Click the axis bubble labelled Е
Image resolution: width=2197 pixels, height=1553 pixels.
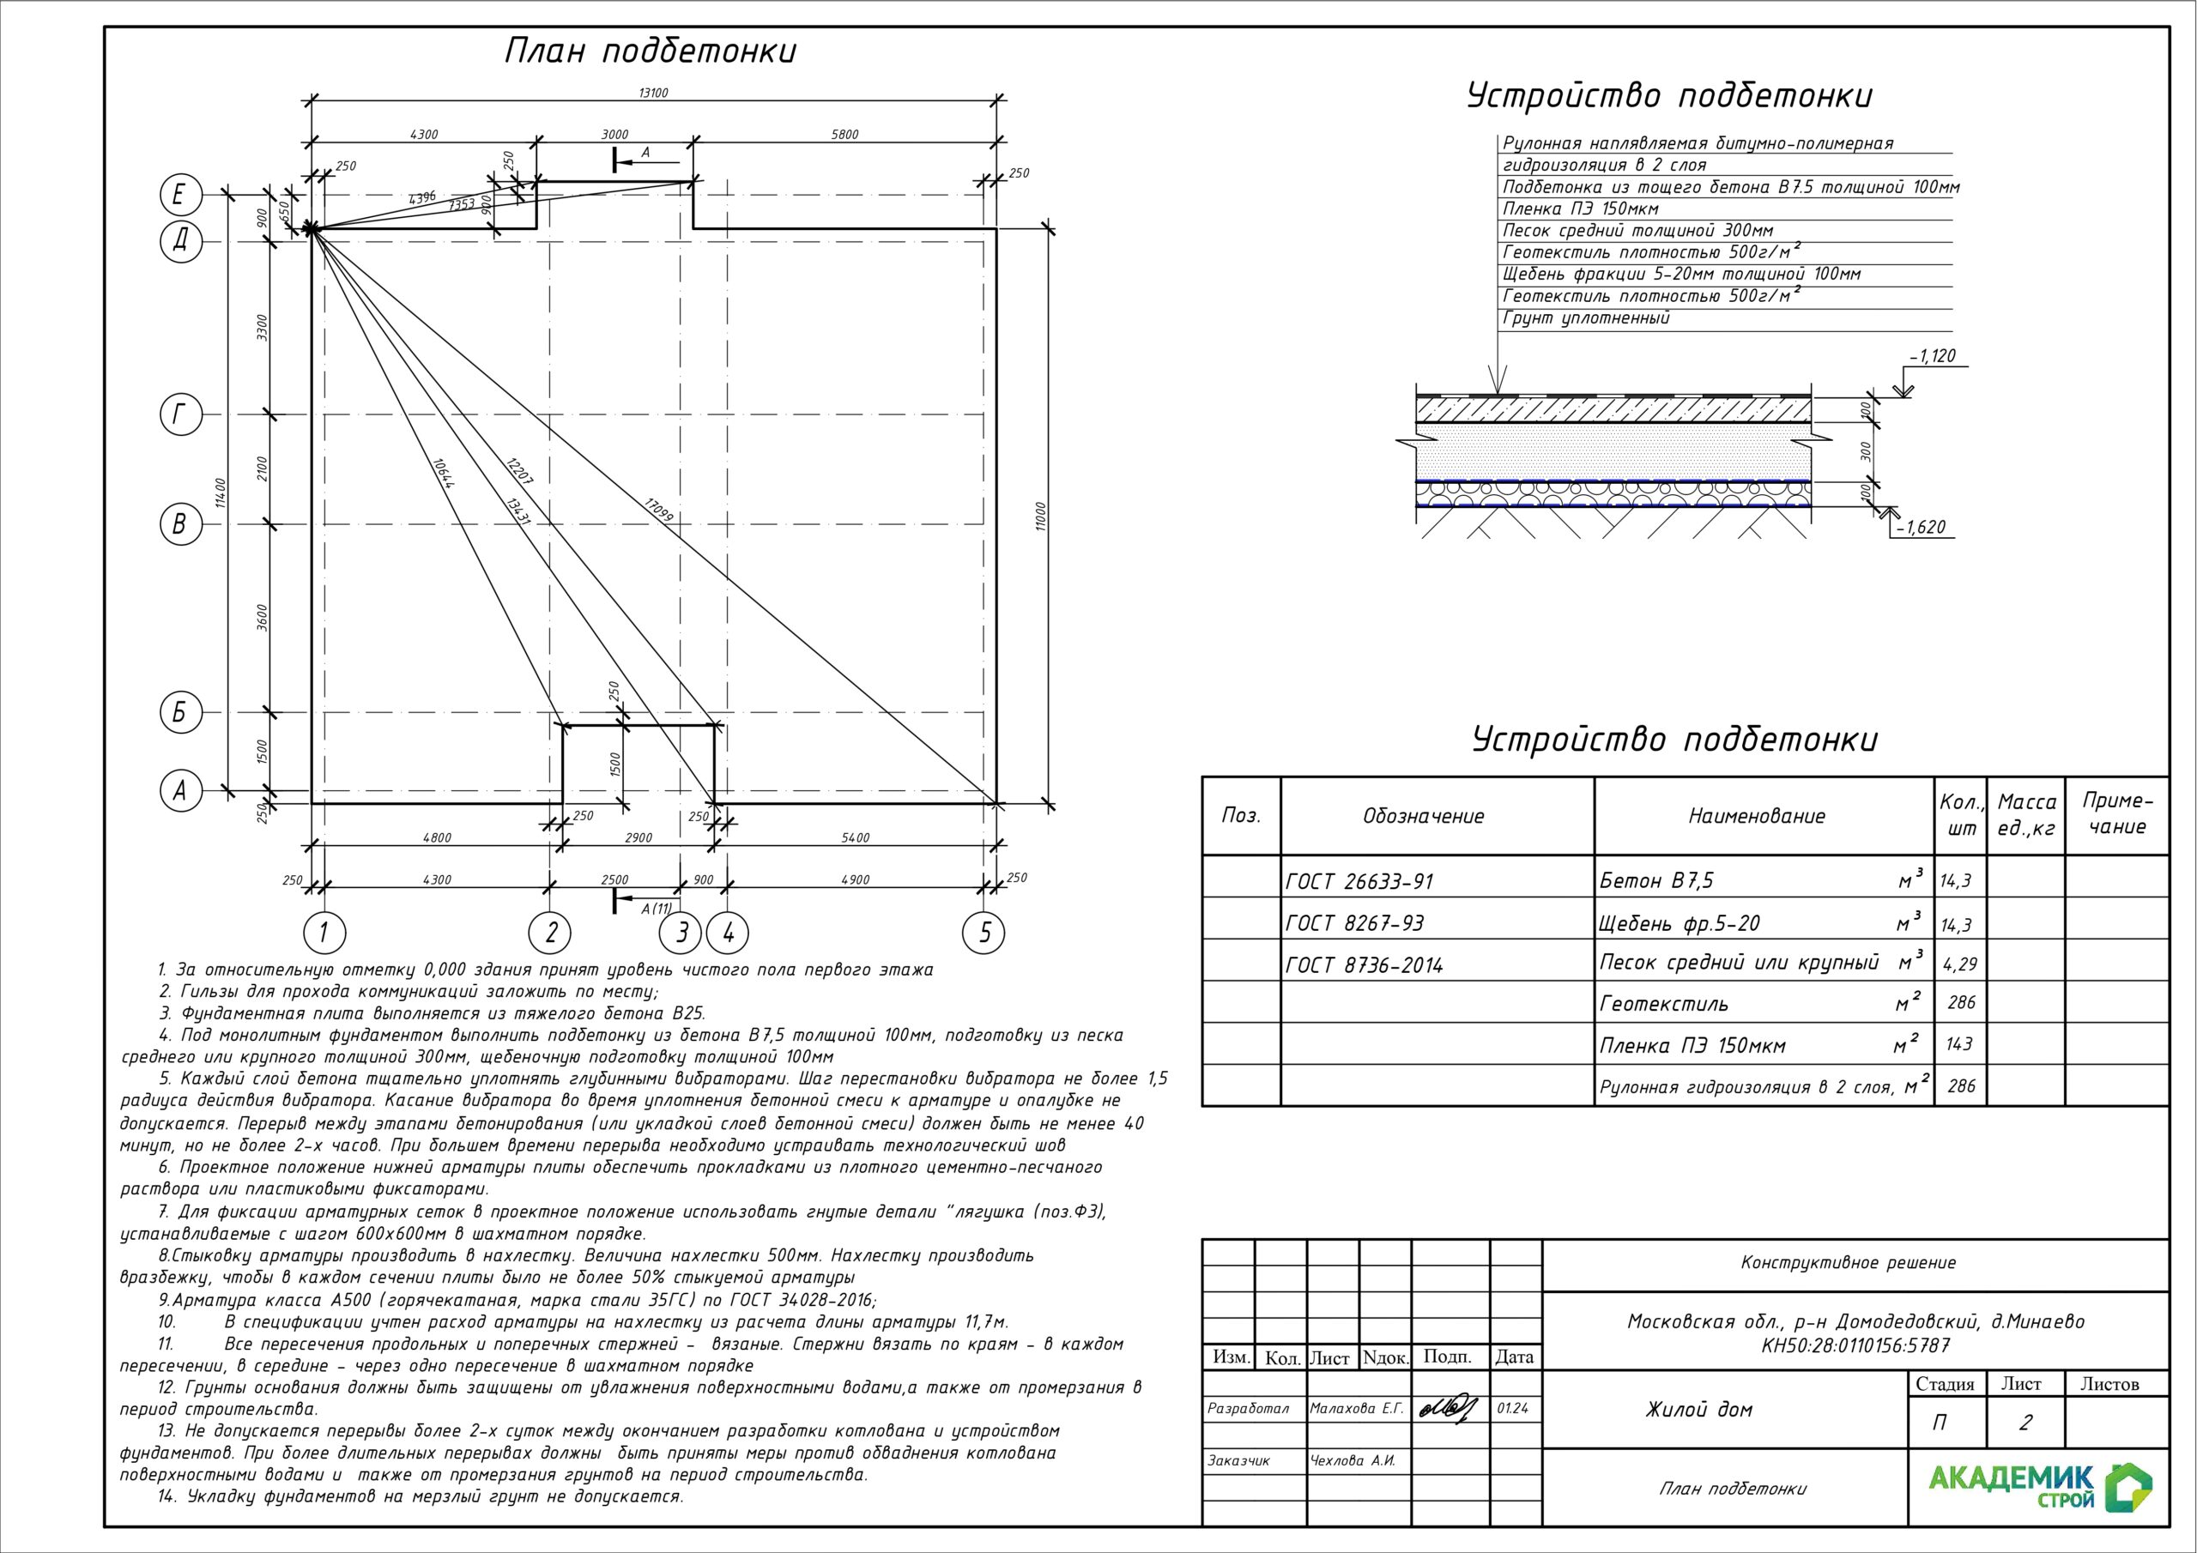[x=180, y=196]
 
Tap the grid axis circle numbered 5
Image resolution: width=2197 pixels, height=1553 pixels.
[x=985, y=932]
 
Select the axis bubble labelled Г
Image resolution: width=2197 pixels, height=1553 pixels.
[x=180, y=414]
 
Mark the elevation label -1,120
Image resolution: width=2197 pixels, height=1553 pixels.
[x=1932, y=356]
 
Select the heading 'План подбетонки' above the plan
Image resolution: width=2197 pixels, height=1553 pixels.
[x=650, y=51]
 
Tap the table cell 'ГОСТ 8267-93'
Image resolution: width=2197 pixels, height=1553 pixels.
[x=1355, y=923]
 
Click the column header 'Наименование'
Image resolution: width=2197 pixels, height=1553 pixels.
[x=1756, y=816]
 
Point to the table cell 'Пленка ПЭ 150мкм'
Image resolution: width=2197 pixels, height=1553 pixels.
[x=1692, y=1046]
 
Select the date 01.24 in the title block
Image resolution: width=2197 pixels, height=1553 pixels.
[x=1514, y=1409]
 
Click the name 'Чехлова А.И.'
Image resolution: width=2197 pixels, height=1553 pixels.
[x=1352, y=1461]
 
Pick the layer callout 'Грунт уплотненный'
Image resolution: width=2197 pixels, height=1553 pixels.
[x=1586, y=318]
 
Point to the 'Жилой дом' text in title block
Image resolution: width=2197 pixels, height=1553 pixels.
[x=1698, y=1410]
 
